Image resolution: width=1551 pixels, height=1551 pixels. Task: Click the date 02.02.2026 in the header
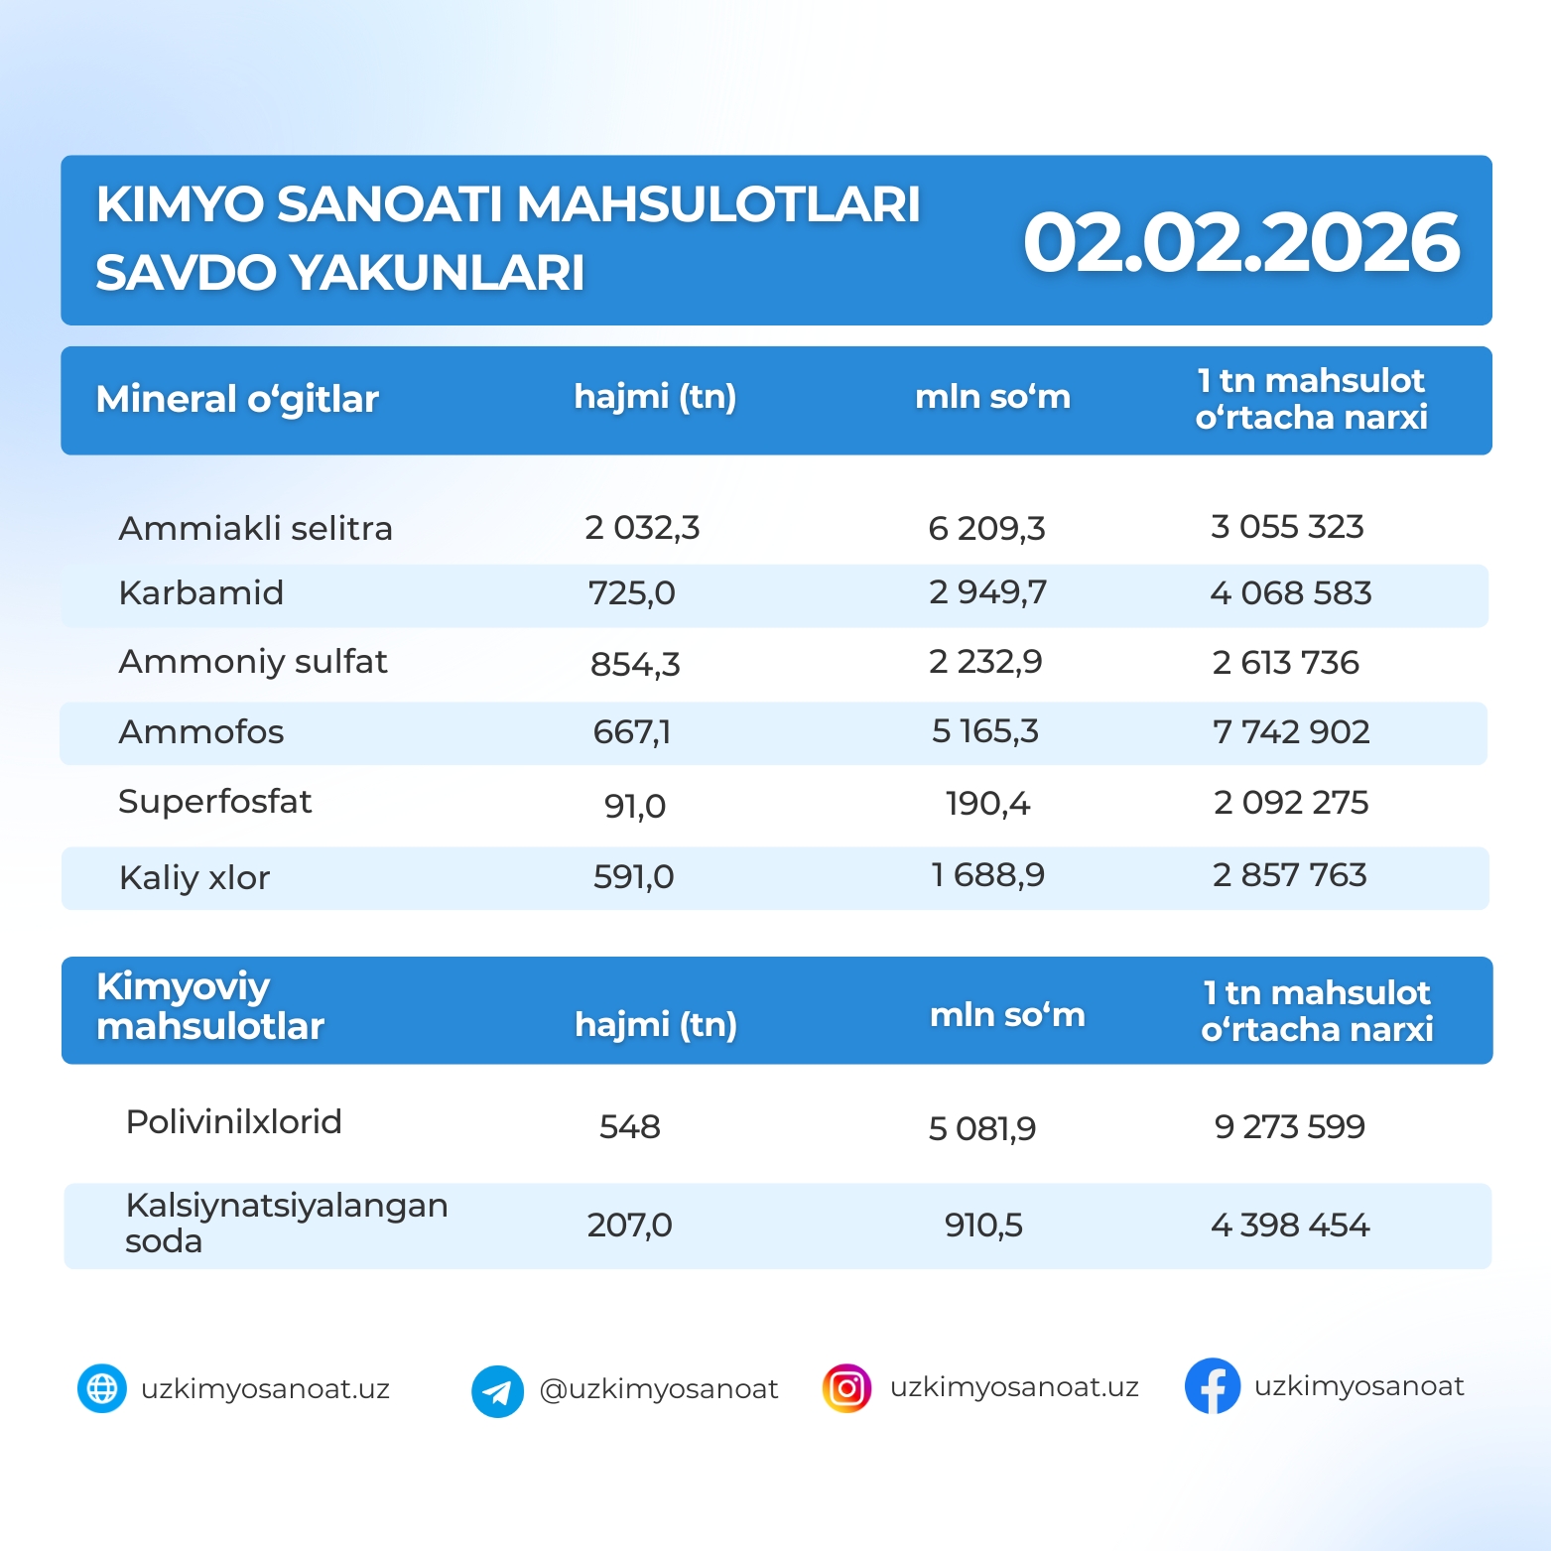pos(1240,243)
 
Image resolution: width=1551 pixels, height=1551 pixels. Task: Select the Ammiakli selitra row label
pos(255,528)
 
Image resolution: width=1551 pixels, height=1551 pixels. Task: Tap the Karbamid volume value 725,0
pos(631,593)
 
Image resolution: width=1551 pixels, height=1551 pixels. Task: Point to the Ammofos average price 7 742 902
pos(1290,732)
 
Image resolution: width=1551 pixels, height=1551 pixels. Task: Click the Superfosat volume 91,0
pos(634,805)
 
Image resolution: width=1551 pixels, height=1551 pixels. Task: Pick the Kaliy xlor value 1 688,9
pos(987,875)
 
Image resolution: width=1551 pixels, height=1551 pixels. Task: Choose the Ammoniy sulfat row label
pos(252,662)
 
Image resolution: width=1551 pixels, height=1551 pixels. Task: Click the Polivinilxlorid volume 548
pos(629,1127)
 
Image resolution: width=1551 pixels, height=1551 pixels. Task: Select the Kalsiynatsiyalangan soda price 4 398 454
pos(1289,1226)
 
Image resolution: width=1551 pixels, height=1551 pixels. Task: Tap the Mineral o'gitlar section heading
pos(237,399)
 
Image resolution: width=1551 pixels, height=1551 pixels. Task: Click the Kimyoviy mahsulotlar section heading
pos(209,1006)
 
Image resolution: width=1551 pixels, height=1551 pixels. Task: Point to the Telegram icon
pos(497,1391)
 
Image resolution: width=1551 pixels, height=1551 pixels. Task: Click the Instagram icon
pos(846,1388)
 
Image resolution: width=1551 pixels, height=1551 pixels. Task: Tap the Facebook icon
pos(1212,1386)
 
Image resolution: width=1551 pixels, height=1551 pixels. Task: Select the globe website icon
pos(102,1388)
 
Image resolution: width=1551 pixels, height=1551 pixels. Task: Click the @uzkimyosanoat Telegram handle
pos(658,1389)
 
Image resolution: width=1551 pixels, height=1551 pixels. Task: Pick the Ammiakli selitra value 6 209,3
pos(986,528)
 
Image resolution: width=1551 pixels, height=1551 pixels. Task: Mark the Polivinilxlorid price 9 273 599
pos(1289,1127)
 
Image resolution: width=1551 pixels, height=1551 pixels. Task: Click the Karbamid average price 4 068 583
pos(1290,593)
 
